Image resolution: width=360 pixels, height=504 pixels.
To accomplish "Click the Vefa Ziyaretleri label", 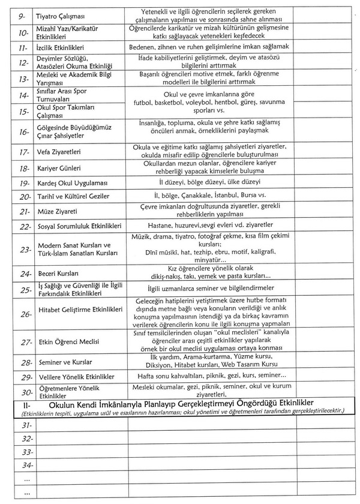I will click(x=59, y=152).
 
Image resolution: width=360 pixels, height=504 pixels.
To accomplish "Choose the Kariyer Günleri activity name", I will click(x=59, y=169).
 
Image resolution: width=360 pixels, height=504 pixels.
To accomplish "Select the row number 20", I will click(x=24, y=197).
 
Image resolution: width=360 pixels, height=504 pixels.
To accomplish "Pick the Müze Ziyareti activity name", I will click(x=57, y=212).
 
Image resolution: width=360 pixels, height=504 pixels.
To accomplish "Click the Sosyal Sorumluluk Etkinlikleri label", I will click(x=79, y=227).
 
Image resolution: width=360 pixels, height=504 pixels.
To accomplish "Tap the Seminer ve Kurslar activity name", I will click(x=65, y=363).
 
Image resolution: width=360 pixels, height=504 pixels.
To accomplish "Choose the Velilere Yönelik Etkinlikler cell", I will click(x=76, y=377).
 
